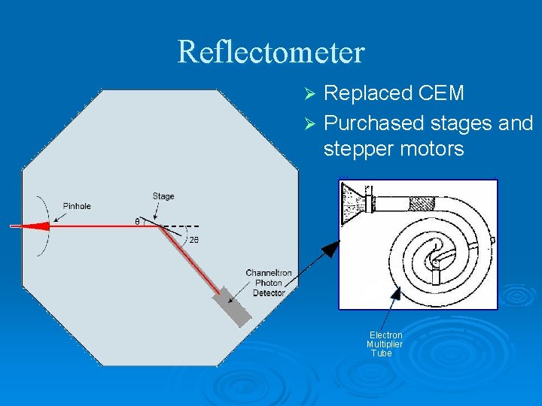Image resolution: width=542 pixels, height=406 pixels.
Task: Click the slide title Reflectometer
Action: [x=271, y=52]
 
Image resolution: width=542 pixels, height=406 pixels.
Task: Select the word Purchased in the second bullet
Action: [x=373, y=123]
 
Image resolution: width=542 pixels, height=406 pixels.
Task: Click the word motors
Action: [x=436, y=149]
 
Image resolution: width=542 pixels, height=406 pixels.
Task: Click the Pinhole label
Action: [x=77, y=206]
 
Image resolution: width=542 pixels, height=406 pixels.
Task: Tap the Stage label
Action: [x=163, y=196]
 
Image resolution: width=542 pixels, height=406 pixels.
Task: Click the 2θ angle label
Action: [x=193, y=239]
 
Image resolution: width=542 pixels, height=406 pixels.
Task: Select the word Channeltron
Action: [x=269, y=273]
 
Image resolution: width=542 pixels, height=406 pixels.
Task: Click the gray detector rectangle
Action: [x=232, y=307]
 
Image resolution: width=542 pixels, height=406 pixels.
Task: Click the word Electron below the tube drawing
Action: [x=385, y=335]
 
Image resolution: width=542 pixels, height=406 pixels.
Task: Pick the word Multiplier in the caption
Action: [x=385, y=344]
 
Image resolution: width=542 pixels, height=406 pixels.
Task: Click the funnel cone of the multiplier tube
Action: [x=354, y=204]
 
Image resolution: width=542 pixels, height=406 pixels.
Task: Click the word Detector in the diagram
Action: [x=269, y=292]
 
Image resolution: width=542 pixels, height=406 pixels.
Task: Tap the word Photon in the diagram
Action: [x=269, y=283]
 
